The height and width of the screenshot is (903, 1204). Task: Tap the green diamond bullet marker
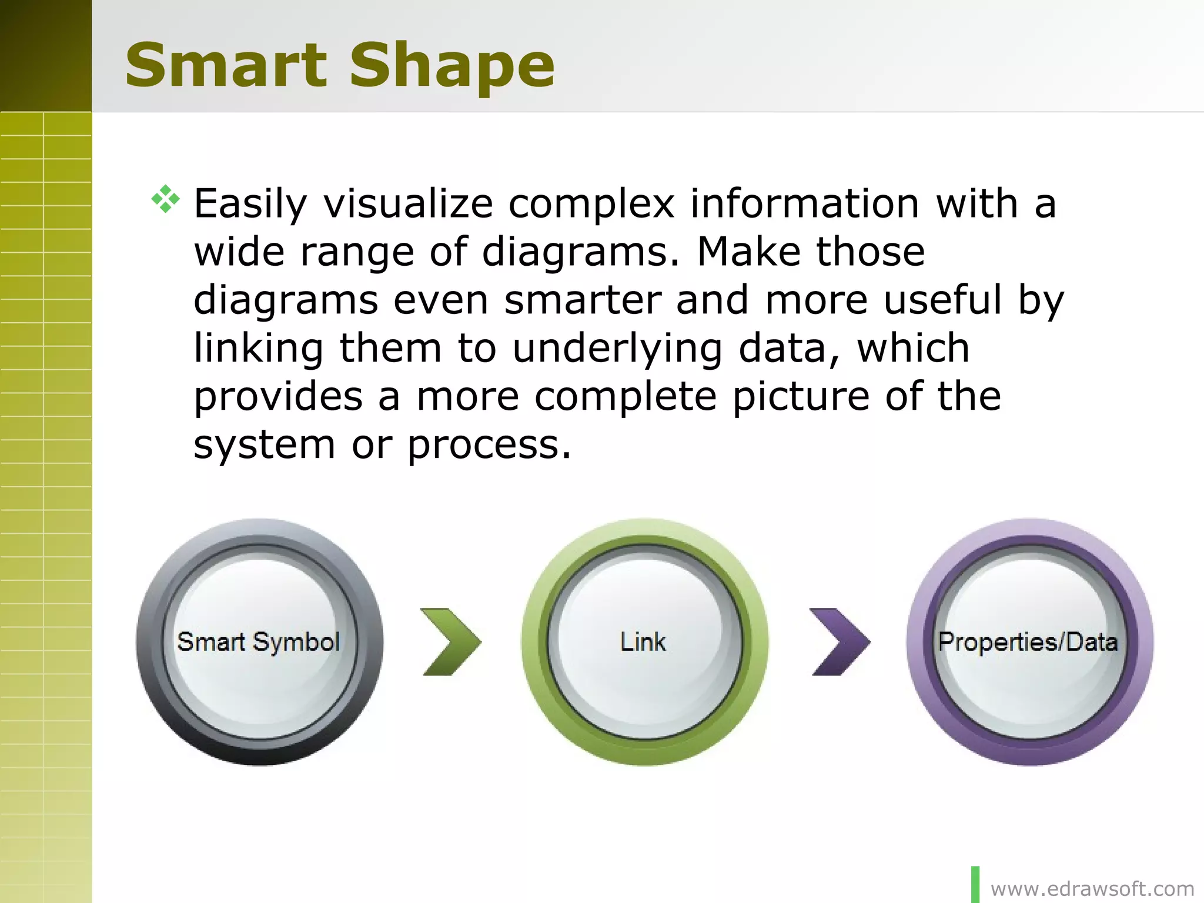(165, 199)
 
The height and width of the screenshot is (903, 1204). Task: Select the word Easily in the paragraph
(250, 205)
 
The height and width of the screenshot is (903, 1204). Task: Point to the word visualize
(408, 203)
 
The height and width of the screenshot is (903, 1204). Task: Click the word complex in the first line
(591, 205)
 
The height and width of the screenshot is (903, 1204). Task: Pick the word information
(804, 203)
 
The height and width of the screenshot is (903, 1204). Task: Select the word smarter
(583, 300)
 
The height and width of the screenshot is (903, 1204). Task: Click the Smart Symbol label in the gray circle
(259, 641)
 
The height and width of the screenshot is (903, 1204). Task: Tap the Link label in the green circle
(643, 641)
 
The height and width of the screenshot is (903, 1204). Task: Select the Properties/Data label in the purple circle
(1028, 641)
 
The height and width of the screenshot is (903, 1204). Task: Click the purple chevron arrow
(840, 641)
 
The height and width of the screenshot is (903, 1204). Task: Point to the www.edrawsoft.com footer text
(1092, 888)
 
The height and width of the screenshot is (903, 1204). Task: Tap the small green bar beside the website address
(975, 884)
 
